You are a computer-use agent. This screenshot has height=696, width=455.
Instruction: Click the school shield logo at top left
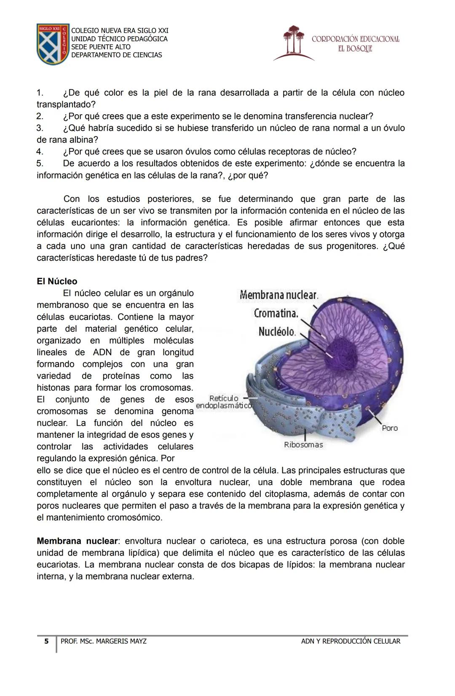click(x=53, y=44)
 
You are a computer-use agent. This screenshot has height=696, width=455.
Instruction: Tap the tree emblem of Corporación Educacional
click(x=294, y=42)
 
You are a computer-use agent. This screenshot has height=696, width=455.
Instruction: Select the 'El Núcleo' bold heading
click(x=57, y=281)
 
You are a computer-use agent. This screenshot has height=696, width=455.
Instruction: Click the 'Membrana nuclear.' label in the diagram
click(x=278, y=295)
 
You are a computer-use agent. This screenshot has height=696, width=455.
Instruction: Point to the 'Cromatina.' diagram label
click(x=276, y=314)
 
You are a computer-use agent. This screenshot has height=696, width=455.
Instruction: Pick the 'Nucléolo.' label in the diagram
click(x=277, y=332)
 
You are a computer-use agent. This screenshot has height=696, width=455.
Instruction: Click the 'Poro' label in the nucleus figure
click(x=390, y=428)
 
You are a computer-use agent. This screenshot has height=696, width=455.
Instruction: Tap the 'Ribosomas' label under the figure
click(x=303, y=445)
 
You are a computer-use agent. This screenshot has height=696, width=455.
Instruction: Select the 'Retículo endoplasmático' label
click(x=224, y=402)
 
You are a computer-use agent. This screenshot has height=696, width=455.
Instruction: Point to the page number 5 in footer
click(x=46, y=641)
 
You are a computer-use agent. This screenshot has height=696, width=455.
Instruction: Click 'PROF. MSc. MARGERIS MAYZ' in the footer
click(x=104, y=641)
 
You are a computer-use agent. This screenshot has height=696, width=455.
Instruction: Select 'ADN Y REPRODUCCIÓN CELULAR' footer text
click(x=351, y=641)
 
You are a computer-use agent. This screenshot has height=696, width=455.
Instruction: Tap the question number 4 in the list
click(x=40, y=151)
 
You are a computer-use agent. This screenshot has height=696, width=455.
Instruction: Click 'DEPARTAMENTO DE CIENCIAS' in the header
click(x=116, y=55)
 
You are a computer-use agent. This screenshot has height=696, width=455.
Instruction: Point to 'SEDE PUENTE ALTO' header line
click(x=101, y=47)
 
